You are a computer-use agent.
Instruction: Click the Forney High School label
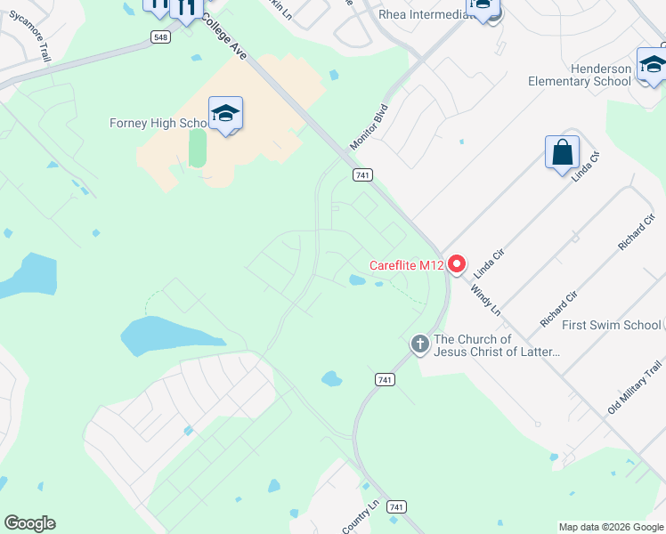point(158,123)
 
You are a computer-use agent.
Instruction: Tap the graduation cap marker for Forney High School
point(226,114)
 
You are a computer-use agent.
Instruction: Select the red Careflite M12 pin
point(458,264)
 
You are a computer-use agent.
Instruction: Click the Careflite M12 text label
point(406,265)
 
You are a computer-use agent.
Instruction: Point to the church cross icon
point(419,343)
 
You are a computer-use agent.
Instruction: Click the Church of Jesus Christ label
point(497,345)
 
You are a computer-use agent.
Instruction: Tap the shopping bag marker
point(563,152)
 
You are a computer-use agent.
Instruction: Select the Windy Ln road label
point(486,299)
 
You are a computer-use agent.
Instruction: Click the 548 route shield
point(160,36)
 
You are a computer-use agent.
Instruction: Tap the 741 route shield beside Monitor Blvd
point(361,175)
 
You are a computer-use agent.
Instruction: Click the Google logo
point(29,523)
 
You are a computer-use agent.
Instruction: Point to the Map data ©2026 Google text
point(610,527)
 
